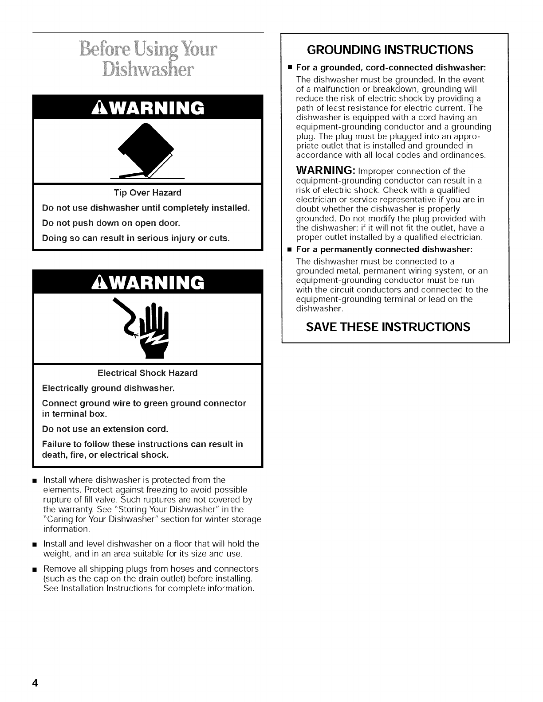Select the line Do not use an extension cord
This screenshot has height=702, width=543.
click(x=105, y=429)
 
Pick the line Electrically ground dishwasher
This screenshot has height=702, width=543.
click(x=108, y=388)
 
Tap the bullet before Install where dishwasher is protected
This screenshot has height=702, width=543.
click(x=35, y=480)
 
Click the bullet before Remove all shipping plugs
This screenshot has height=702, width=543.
click(x=35, y=569)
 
